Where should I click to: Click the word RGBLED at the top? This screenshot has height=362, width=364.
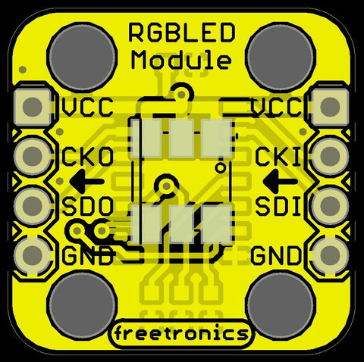(182, 33)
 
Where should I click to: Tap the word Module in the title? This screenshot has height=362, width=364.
(181, 60)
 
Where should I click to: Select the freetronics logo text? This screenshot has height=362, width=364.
(181, 333)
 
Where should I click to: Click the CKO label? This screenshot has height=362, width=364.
(87, 157)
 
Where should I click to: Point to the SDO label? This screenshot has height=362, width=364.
(87, 207)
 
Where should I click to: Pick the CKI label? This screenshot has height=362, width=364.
(278, 157)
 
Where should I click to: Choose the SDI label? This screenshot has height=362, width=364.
(278, 207)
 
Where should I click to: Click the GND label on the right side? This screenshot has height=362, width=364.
(276, 255)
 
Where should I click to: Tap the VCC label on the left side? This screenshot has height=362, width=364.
(87, 107)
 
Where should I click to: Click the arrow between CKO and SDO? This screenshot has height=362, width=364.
(86, 181)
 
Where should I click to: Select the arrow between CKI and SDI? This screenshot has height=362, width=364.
(280, 181)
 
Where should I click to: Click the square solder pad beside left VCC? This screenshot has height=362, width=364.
(33, 107)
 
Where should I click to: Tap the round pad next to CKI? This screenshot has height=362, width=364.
(330, 155)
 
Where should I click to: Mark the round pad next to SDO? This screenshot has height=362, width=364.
(33, 206)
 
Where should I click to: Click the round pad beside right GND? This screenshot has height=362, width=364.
(330, 255)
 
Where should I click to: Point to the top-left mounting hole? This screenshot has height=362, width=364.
(82, 58)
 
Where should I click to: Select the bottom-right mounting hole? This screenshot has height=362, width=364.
(281, 304)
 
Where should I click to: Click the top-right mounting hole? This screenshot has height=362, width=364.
(281, 58)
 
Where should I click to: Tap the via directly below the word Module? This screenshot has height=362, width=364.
(181, 95)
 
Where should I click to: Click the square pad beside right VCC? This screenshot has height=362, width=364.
(330, 107)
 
